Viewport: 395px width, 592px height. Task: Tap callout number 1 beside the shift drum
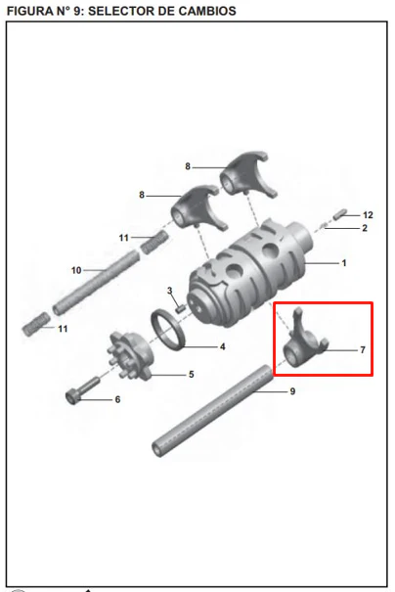[344, 263]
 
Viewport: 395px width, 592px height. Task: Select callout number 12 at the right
[368, 215]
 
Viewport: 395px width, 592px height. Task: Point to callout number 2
[365, 228]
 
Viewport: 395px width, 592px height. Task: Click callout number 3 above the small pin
[170, 291]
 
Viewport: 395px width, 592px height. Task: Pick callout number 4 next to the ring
[223, 346]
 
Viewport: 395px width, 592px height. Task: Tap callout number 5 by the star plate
[192, 374]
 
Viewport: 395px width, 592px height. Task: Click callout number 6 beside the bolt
[117, 399]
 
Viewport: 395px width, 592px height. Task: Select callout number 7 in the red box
[363, 350]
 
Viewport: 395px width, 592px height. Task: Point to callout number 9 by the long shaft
[292, 391]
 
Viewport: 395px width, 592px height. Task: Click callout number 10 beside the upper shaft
[76, 270]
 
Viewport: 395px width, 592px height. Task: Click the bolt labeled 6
[82, 390]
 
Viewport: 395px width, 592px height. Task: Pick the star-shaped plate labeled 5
[130, 355]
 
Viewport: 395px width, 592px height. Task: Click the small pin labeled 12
[340, 213]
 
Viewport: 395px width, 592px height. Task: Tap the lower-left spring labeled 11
[36, 324]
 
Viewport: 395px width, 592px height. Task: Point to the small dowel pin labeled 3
[180, 308]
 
